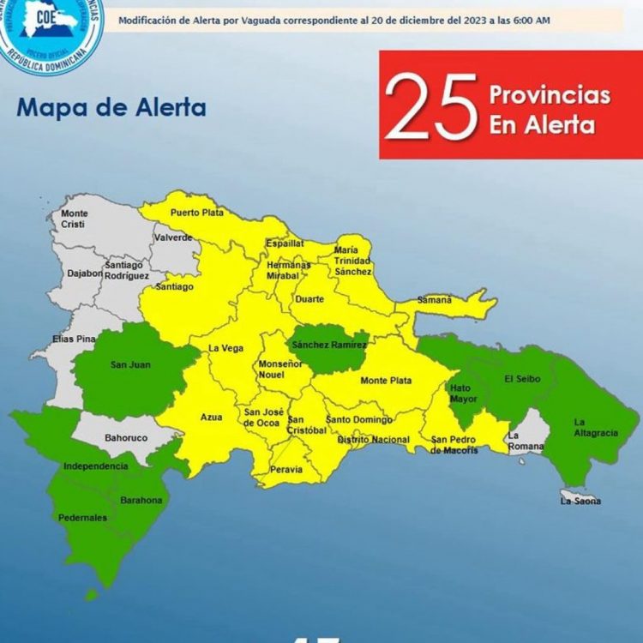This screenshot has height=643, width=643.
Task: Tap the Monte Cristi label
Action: coord(75,219)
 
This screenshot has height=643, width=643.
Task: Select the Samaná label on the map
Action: coord(434,300)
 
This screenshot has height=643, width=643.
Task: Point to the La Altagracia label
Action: coord(596,427)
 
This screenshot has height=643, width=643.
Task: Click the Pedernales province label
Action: coord(82,518)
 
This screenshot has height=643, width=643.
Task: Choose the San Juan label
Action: coord(130,365)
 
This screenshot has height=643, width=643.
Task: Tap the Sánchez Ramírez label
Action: coord(324,345)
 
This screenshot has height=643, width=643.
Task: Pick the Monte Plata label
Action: coord(386,381)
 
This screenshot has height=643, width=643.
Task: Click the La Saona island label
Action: coord(581,501)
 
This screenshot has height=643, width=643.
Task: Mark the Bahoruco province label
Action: coord(121,436)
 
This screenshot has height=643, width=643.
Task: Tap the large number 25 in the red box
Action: coord(431,106)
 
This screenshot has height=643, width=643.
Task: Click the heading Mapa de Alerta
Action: coord(111,108)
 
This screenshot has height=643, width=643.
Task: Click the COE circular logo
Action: coord(51,32)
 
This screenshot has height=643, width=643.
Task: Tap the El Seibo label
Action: coord(520,379)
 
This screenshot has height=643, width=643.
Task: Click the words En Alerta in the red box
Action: coord(542,125)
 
